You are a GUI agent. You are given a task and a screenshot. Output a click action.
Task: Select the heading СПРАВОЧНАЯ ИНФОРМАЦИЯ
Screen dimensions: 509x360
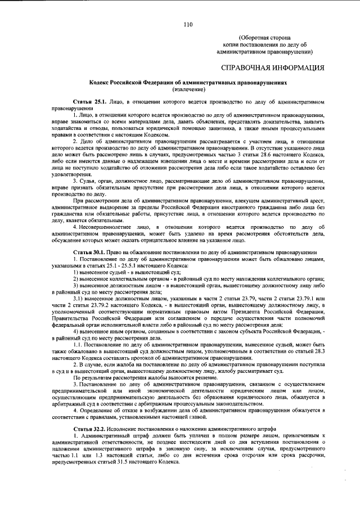click(x=273, y=69)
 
